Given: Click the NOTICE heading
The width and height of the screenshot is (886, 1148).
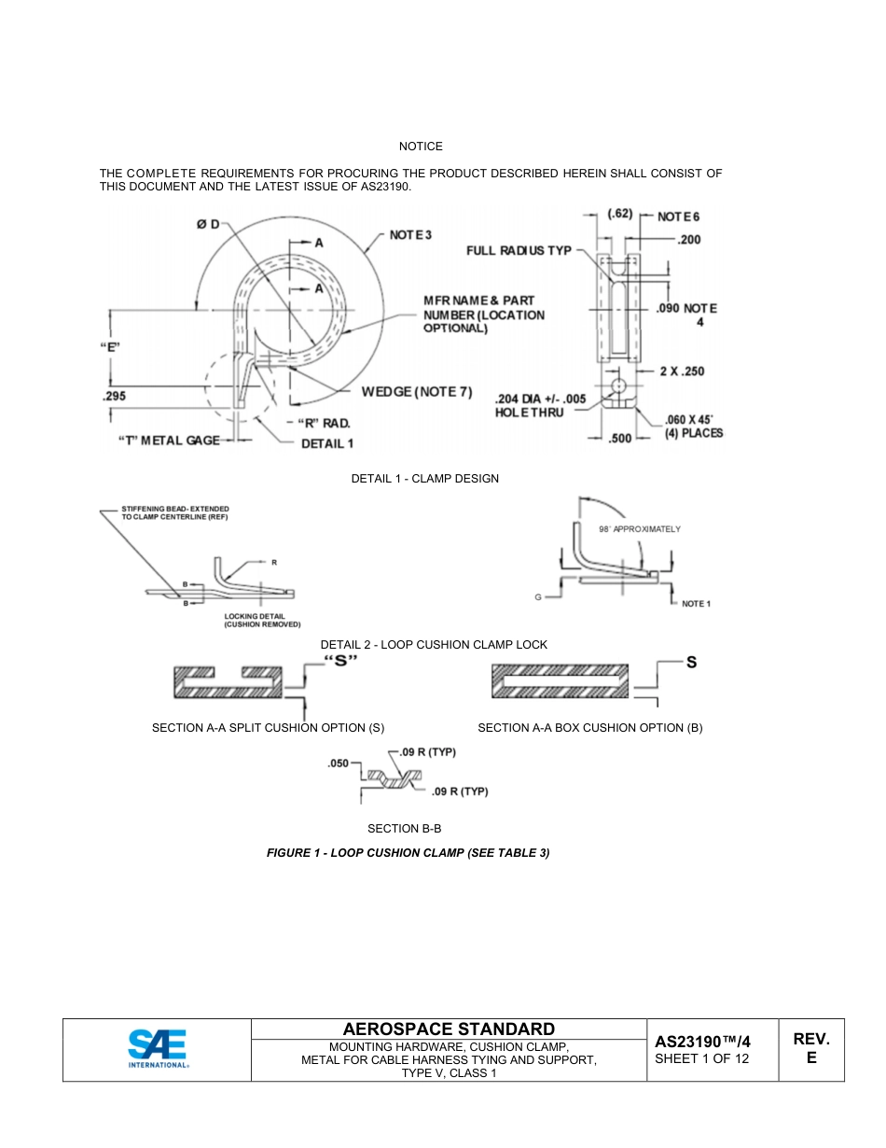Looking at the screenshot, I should point(421,147).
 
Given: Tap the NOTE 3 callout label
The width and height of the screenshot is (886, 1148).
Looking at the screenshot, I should point(410,234).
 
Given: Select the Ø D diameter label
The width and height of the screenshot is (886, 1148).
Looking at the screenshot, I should point(207,224).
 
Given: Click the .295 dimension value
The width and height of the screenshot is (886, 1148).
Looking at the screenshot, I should point(113,396).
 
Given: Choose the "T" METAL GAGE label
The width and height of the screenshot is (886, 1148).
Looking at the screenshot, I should point(168,441).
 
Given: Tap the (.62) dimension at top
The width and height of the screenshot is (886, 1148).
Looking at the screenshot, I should point(620,215).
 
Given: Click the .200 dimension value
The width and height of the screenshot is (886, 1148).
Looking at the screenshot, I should point(689,240).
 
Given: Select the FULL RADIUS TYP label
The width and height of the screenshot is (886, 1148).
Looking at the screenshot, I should point(519,250).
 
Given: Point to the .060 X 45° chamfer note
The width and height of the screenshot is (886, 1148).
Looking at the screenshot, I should point(693,426).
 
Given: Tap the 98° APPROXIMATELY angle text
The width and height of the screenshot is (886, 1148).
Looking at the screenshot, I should point(639,529).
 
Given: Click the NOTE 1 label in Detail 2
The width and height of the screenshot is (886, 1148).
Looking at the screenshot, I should point(696,604).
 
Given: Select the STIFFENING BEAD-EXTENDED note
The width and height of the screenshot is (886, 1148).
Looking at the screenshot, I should point(175,512).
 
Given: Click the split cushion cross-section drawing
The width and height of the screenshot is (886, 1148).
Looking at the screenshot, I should point(228,683).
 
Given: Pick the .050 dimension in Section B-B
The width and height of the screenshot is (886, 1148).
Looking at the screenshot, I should point(338,763).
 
